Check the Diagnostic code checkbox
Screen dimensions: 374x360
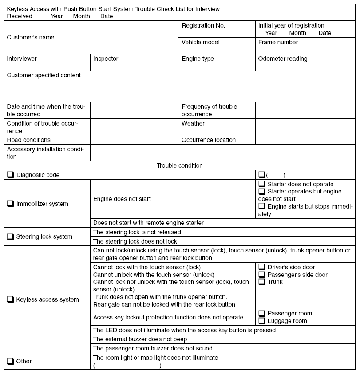(10, 175)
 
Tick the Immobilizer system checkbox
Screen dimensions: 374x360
(10, 204)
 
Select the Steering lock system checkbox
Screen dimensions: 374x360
(10, 237)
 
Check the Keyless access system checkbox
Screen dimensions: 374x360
(10, 300)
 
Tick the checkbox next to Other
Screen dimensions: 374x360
(10, 362)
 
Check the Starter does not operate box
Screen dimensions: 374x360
(262, 184)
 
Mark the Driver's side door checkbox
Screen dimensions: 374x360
(262, 267)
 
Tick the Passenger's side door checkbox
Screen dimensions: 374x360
(262, 275)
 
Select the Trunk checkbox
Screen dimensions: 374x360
(262, 282)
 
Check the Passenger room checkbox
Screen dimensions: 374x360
(262, 314)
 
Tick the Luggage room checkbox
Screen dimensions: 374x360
(262, 321)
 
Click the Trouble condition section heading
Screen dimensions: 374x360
(180, 166)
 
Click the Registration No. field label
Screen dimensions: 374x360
(203, 26)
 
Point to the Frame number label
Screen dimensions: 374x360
(278, 43)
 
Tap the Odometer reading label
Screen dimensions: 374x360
(283, 59)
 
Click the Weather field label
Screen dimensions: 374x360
(193, 124)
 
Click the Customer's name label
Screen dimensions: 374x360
(31, 38)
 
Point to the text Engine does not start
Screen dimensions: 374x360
(122, 199)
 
